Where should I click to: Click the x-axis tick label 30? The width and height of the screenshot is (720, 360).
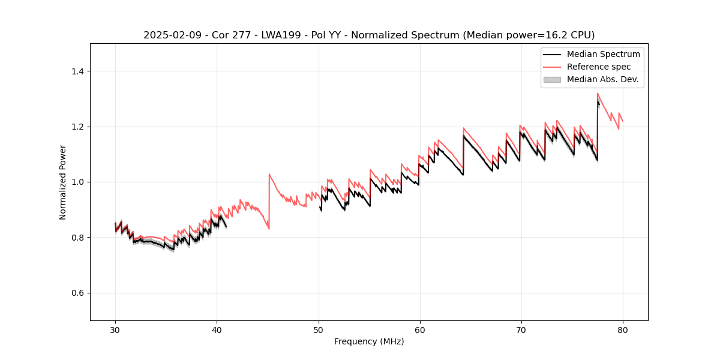(x=115, y=330)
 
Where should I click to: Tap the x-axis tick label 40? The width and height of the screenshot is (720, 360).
(x=217, y=330)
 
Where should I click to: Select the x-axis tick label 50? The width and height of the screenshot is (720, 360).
(x=318, y=330)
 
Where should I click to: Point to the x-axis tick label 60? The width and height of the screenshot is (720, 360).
(x=419, y=330)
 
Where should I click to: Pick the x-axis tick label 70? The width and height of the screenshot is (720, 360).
(x=521, y=330)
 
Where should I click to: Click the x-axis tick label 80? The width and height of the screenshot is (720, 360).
(x=623, y=330)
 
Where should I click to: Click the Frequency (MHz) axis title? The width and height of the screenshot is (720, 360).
(x=369, y=341)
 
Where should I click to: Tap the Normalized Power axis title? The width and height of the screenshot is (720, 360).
(x=62, y=182)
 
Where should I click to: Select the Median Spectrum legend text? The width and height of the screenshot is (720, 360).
(x=603, y=54)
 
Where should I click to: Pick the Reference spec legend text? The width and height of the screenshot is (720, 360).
(x=599, y=67)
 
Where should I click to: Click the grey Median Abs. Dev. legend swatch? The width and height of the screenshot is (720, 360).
(x=552, y=79)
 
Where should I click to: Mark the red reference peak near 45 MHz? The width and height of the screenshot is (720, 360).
(x=269, y=174)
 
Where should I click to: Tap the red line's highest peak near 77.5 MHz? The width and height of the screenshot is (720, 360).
(x=598, y=93)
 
